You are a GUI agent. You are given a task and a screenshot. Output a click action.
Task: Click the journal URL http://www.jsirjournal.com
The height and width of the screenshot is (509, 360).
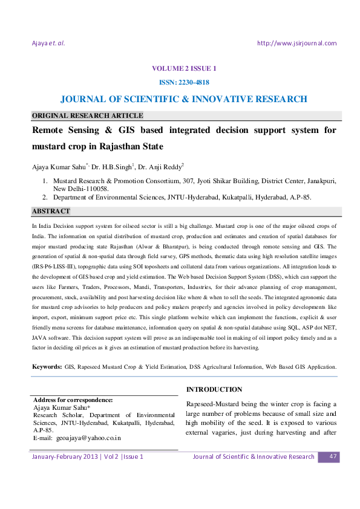coord(296,43)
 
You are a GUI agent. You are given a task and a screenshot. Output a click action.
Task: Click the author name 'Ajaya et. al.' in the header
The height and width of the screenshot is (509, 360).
coord(48,43)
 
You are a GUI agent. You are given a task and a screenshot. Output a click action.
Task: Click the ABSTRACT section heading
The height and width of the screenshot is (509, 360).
coord(51,212)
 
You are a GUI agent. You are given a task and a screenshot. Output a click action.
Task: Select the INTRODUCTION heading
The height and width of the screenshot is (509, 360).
coord(214,389)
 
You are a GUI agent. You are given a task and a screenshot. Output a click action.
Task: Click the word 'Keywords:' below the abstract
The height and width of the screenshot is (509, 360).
coord(47,367)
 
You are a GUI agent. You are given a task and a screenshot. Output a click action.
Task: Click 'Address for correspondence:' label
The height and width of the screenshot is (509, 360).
coord(73,400)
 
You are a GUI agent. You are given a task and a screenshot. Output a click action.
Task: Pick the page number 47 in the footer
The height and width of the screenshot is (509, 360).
coord(332,456)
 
